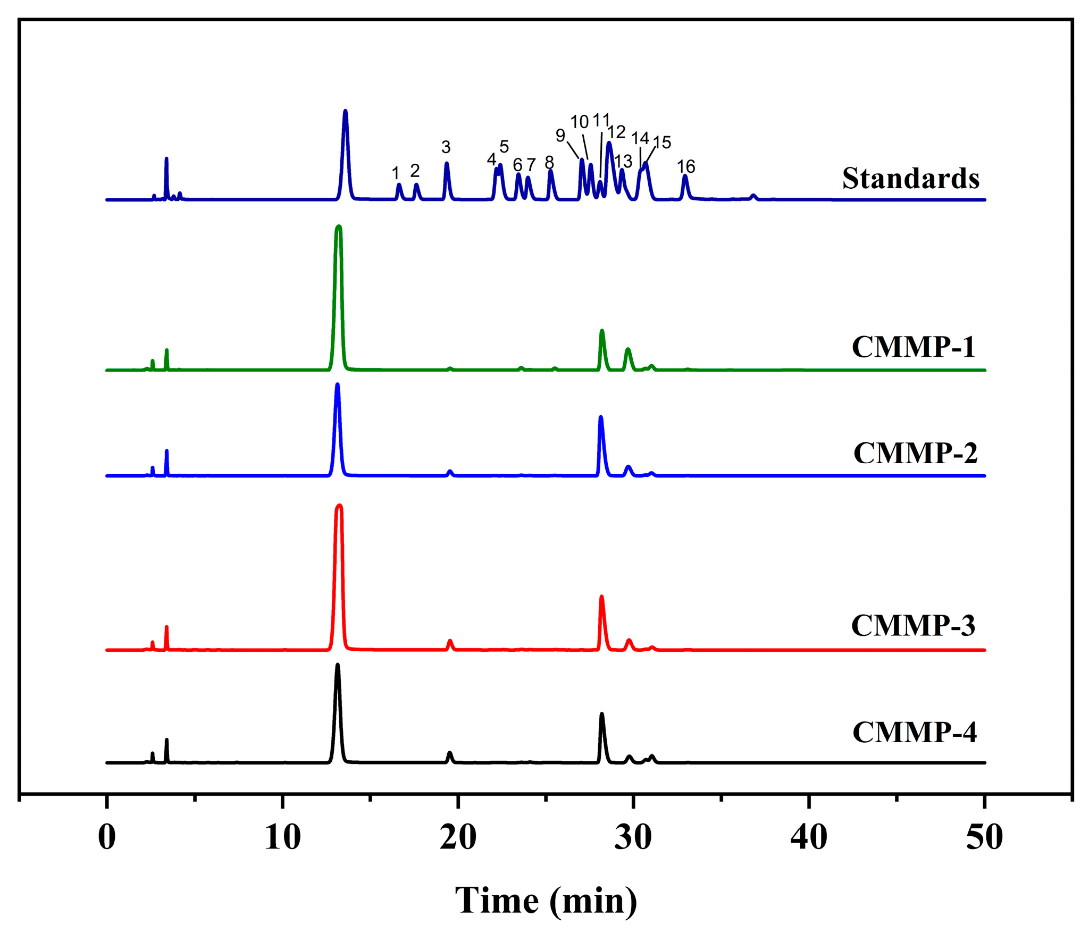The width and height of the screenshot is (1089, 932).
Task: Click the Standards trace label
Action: [x=910, y=178]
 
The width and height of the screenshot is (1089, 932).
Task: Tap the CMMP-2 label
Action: [x=915, y=453]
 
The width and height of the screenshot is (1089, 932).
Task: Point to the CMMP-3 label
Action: [x=913, y=625]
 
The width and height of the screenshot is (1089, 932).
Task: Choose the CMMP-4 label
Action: [x=914, y=732]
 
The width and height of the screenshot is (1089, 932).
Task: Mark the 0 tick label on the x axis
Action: [x=107, y=838]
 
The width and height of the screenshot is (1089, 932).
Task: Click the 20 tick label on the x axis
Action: [x=458, y=838]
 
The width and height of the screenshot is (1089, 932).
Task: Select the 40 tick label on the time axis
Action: [x=808, y=838]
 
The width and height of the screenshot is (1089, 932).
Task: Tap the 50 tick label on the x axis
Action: [x=984, y=838]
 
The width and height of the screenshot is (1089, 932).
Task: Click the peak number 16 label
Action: [x=685, y=166]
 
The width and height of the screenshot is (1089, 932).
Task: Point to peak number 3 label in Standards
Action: [x=446, y=147]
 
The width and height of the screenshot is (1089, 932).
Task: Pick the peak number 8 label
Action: [x=549, y=163]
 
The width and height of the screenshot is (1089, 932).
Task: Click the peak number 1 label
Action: [x=395, y=173]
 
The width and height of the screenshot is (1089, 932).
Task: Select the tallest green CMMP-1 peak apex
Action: [x=339, y=227]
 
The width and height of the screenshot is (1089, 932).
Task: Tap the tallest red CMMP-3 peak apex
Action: [x=339, y=506]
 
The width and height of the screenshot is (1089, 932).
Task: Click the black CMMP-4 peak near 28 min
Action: [x=601, y=715]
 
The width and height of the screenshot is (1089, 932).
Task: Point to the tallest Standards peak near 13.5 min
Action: [x=346, y=111]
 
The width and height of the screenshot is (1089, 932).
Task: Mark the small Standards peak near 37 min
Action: [x=753, y=196]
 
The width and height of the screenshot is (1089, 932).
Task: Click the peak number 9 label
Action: [x=560, y=136]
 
